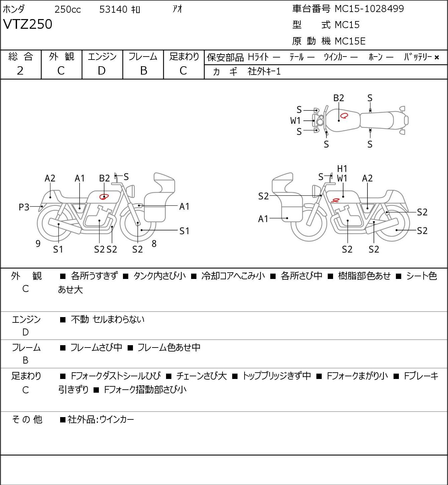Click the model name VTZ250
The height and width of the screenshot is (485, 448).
(x=28, y=24)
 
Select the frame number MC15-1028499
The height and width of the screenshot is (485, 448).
(x=369, y=9)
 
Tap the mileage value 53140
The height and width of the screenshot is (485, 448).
(x=113, y=9)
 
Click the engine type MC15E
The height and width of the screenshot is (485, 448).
(x=350, y=41)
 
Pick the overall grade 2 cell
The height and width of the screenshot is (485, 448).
(x=20, y=71)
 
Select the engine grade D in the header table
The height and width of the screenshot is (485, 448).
(x=102, y=71)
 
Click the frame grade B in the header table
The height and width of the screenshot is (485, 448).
(x=143, y=71)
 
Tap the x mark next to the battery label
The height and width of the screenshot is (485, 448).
(x=437, y=58)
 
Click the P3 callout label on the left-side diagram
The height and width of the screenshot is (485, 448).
(x=24, y=207)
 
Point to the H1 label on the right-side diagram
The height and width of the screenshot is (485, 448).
(x=342, y=169)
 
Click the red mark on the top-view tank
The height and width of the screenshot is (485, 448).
(x=344, y=115)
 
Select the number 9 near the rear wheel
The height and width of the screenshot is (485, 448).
(x=38, y=244)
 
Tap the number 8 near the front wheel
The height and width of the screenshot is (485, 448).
(x=154, y=244)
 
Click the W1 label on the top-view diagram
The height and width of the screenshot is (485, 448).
(x=295, y=121)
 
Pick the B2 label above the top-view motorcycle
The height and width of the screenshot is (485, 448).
(x=339, y=98)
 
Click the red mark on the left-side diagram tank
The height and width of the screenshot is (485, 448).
(x=104, y=196)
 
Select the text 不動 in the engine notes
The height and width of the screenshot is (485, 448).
(x=80, y=319)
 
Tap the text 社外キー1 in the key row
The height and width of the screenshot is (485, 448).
(x=264, y=72)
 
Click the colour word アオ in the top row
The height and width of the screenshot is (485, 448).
(x=177, y=9)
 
